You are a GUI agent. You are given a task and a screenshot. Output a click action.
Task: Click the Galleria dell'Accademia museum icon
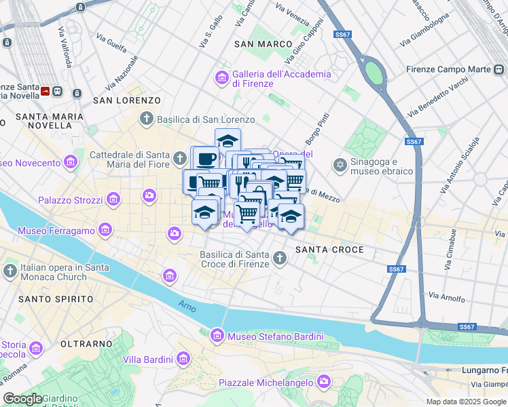pos(222,79)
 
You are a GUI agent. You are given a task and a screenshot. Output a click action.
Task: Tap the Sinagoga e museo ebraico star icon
pos(340,166)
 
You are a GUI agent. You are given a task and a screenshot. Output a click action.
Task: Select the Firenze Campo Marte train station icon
pos(499,69)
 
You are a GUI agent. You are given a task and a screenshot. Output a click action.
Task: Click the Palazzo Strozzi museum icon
pos(113,200)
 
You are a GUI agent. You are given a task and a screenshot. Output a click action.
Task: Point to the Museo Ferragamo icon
pos(105,231)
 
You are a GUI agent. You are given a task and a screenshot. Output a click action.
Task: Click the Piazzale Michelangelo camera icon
pos(323,383)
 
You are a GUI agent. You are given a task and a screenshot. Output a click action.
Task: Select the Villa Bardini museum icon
pos(182,359)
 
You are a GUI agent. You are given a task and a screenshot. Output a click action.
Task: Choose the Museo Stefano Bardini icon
pos(217,336)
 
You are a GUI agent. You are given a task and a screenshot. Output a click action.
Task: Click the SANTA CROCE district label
pos(329,250)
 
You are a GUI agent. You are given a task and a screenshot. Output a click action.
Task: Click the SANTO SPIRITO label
pos(56,299)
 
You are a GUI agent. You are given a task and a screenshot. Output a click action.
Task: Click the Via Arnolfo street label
pos(447,297)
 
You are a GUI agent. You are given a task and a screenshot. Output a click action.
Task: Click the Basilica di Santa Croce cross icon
pos(280,258)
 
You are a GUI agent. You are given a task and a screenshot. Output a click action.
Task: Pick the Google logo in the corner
pos(22,399)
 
